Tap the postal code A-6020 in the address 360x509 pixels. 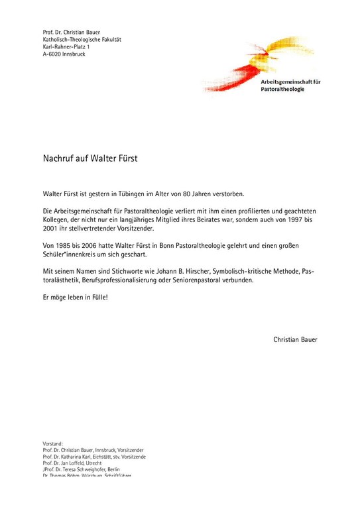pos(54,54)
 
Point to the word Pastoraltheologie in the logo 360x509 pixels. pos(283,88)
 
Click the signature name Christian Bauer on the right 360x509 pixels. pos(295,339)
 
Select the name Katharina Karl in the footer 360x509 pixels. pos(79,457)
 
